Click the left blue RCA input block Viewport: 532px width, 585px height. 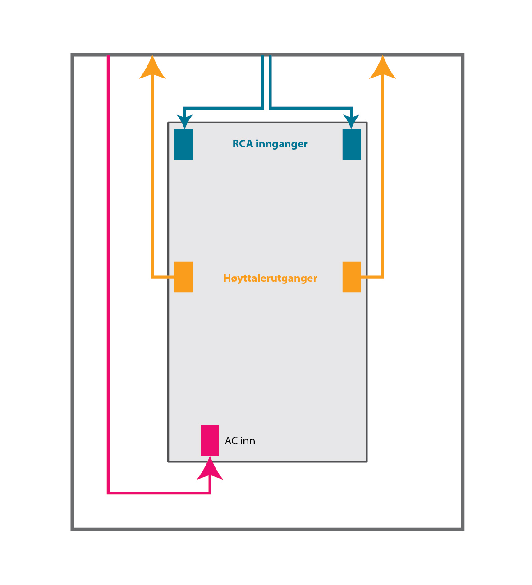tap(183, 144)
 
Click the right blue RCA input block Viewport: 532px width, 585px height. tap(352, 144)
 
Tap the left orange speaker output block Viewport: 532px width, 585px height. tap(183, 277)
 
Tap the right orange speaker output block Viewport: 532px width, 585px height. tap(352, 277)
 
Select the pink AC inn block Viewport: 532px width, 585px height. tap(210, 440)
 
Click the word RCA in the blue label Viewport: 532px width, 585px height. tap(243, 144)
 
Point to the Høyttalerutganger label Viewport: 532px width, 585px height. tap(270, 279)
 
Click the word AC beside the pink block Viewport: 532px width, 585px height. tap(231, 441)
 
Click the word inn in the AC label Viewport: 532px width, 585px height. tap(248, 441)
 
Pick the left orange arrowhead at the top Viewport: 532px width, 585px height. tap(152, 69)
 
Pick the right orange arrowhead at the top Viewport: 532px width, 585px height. tap(383, 69)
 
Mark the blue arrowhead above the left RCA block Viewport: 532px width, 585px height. tap(185, 121)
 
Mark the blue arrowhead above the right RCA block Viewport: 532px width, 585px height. tap(351, 121)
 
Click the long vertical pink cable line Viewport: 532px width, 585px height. tap(109, 270)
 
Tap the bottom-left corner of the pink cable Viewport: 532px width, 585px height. tap(109, 493)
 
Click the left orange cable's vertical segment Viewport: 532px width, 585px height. tap(153, 180)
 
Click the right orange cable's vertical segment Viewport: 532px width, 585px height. tap(383, 180)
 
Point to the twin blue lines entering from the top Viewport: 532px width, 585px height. tap(266, 81)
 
